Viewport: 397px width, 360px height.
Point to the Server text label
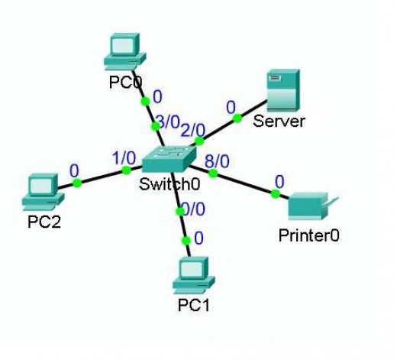[x=279, y=122]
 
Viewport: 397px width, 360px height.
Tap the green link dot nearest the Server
[x=237, y=118]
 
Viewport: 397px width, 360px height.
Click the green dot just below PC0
[x=144, y=101]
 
